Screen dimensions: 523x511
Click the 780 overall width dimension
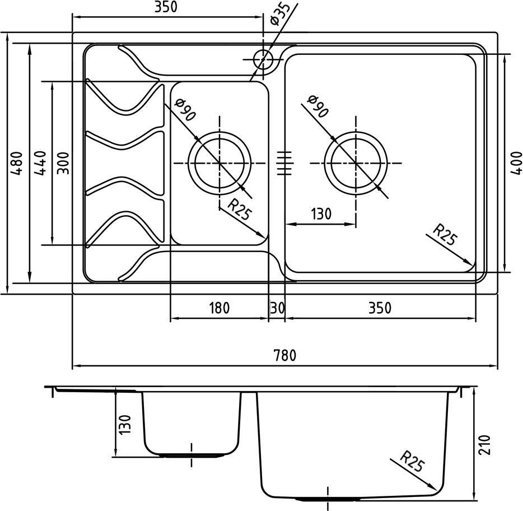[284, 355]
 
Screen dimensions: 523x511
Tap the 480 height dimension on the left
[16, 163]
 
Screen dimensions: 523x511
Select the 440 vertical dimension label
[40, 163]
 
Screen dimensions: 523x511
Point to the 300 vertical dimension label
[63, 163]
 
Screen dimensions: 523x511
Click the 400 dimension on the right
[516, 163]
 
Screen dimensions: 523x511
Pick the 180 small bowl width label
[219, 308]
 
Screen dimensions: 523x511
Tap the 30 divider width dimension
[277, 308]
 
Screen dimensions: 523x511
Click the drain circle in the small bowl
[219, 132]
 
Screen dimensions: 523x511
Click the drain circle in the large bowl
[356, 132]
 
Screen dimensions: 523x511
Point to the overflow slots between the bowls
[284, 163]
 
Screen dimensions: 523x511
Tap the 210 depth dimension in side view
[484, 444]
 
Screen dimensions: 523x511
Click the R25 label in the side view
[413, 461]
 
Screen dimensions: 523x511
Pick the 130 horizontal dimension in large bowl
[321, 214]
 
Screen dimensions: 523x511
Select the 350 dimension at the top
[166, 7]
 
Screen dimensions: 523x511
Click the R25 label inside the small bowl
[239, 210]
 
